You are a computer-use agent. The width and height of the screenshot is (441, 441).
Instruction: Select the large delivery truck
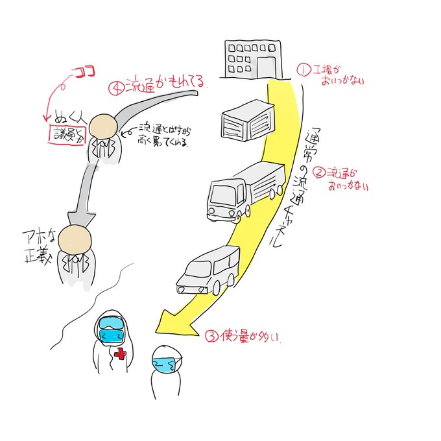pos(246,191)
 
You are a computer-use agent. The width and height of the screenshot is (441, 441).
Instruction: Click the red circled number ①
pos(302,69)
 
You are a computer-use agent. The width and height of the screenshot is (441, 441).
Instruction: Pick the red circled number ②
pos(318,173)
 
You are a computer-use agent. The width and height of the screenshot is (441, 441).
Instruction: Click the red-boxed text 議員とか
pos(69,135)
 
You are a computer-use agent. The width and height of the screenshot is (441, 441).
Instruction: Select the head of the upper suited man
pos(103,126)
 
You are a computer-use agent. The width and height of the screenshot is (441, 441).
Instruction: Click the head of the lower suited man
pos(72,241)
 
